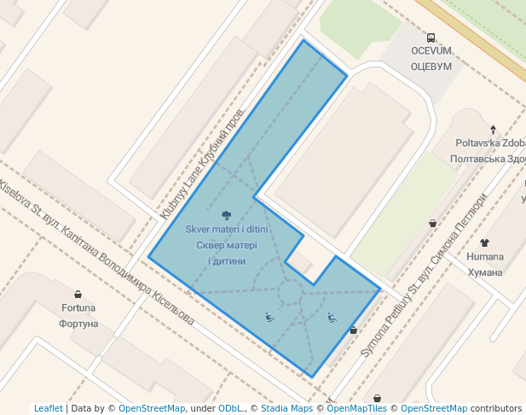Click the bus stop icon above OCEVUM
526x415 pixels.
[x=431, y=38]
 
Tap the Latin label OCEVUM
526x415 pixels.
[x=431, y=51]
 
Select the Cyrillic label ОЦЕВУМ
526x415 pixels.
[x=431, y=66]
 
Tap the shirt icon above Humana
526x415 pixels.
[x=485, y=243]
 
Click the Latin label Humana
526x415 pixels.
[x=485, y=257]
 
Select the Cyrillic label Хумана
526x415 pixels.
[x=485, y=272]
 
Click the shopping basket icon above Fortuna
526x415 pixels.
[x=78, y=294]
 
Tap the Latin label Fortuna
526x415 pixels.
[x=78, y=308]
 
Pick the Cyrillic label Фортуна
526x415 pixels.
[x=78, y=324]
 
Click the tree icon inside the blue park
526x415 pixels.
[x=226, y=215]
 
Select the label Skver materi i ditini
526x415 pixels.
[x=226, y=230]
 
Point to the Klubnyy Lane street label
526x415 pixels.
[x=202, y=164]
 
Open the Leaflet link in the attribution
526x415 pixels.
[x=48, y=408]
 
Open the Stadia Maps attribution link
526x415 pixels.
[x=286, y=408]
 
